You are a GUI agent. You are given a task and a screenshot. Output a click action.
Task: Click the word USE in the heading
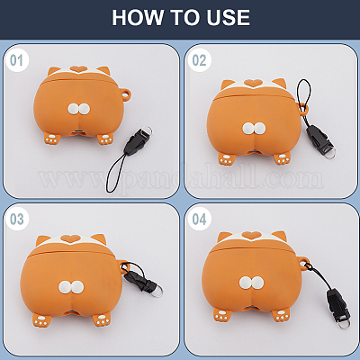click(228, 17)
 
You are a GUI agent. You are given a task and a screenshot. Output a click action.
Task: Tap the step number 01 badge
click(16, 60)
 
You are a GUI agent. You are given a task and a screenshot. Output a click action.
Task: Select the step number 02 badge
click(200, 60)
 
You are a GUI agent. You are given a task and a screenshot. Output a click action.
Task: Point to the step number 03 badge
click(16, 219)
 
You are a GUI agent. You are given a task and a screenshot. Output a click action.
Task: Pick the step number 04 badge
click(200, 219)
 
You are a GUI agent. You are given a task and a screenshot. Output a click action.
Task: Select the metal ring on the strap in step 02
click(329, 154)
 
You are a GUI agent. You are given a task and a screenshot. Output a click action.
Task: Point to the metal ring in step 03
click(157, 290)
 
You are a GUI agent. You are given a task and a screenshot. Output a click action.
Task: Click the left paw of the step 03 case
click(41, 319)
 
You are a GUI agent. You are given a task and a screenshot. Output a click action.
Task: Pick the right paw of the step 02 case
click(283, 158)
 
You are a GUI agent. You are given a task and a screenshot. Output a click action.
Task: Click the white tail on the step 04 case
click(251, 283)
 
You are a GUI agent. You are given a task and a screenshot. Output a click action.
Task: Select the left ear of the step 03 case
click(43, 240)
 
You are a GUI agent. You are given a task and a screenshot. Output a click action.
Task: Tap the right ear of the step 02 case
click(279, 83)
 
